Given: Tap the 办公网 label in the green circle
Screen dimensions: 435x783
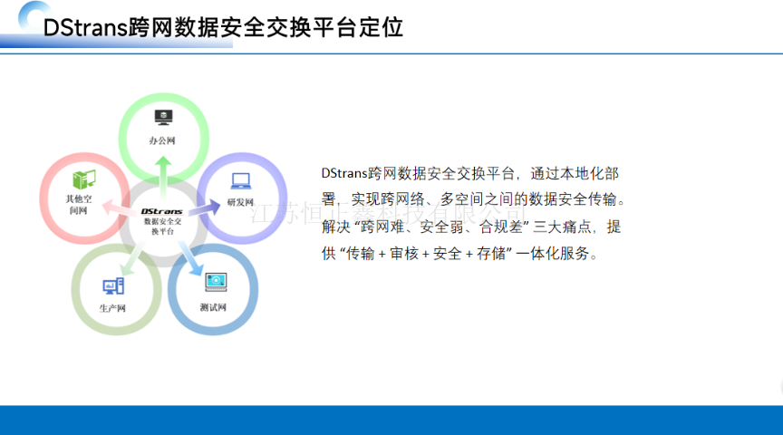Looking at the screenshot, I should pyautogui.click(x=162, y=140).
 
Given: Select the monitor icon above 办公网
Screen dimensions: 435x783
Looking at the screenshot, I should pyautogui.click(x=163, y=117).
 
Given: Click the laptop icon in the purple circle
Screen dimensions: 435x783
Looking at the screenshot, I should pyautogui.click(x=240, y=181).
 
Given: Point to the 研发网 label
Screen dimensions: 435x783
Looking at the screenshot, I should pyautogui.click(x=240, y=202).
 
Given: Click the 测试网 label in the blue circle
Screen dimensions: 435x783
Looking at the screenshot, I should pyautogui.click(x=214, y=306).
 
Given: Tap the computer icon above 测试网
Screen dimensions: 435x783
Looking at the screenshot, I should pyautogui.click(x=215, y=282).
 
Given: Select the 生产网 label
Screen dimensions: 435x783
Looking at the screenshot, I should pyautogui.click(x=112, y=308).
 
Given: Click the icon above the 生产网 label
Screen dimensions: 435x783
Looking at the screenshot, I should pyautogui.click(x=113, y=285).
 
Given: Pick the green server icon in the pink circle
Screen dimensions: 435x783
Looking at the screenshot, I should pyautogui.click(x=83, y=179).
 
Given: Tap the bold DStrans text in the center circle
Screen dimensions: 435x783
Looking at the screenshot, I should pyautogui.click(x=162, y=211).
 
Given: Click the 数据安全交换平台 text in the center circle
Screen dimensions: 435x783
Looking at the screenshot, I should pyautogui.click(x=162, y=226).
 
